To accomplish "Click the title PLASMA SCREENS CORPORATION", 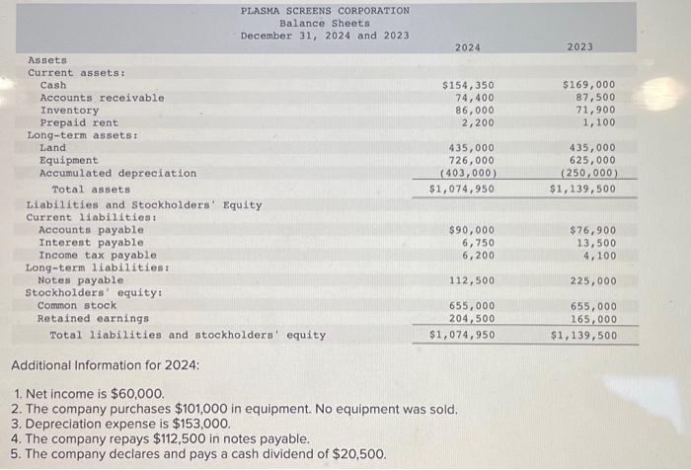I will click(325, 11).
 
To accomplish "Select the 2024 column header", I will click(469, 46).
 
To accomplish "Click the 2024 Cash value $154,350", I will click(468, 85).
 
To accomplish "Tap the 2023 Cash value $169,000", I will click(589, 85).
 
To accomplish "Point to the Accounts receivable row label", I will click(102, 98).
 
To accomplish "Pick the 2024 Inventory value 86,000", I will click(475, 111).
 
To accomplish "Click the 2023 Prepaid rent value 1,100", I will click(599, 122).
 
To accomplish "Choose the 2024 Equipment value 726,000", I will click(472, 160).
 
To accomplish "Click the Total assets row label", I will click(91, 189).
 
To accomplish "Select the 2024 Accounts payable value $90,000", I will click(472, 230).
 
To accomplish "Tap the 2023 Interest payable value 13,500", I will click(596, 242).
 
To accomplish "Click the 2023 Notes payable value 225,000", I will click(593, 280).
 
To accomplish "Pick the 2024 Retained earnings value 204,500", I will click(472, 319).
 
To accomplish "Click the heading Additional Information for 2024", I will click(105, 366).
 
